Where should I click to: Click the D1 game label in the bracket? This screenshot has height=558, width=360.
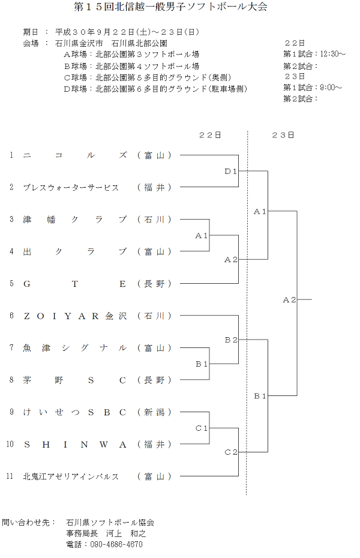pos(231,172)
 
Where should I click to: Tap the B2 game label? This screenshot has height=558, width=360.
pos(231,340)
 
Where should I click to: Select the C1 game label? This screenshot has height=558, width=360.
pos(202,428)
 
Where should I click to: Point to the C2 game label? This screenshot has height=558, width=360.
pos(231,452)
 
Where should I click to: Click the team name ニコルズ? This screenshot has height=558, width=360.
pos(75,155)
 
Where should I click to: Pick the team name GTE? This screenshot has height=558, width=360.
pos(75,284)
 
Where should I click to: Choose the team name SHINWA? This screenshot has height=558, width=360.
pos(75,445)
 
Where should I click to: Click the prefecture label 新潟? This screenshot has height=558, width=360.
pos(154,412)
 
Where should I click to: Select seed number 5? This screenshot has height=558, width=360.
pos(11,284)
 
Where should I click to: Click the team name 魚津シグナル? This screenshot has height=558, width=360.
pos(75,348)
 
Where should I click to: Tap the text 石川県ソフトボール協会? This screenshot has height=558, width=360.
pos(110,523)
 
